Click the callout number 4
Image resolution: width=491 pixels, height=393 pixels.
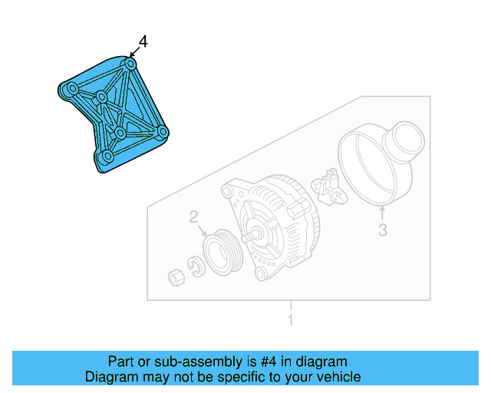pos(142,41)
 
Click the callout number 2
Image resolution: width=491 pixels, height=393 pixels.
pos(194,217)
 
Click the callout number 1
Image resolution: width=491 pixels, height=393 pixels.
pos(290,320)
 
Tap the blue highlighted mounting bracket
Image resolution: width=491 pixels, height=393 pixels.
pos(115,115)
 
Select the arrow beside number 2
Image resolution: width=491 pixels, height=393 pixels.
pos(202,228)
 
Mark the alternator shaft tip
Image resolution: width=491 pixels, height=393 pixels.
pos(245,237)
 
